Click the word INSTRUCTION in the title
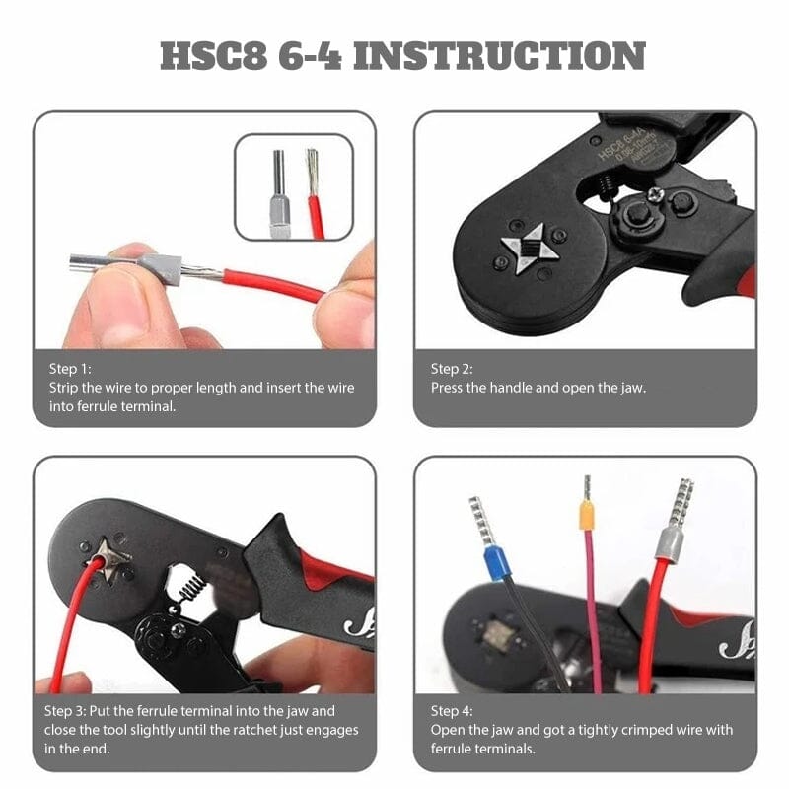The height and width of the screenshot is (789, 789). coord(499,56)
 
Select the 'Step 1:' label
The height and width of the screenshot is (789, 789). coord(69,369)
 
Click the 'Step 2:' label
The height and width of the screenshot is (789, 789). coord(452,369)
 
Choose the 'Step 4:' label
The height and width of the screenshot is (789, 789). coord(452,710)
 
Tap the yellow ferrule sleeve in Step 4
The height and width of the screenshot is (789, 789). coord(586,514)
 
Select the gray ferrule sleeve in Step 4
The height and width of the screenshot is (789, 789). coord(671,541)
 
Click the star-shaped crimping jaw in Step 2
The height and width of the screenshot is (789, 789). coord(529,247)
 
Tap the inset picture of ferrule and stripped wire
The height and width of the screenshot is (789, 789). coord(293,187)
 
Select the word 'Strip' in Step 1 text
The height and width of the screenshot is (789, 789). coord(65,388)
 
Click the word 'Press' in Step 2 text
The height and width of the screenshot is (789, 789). coord(449,388)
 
